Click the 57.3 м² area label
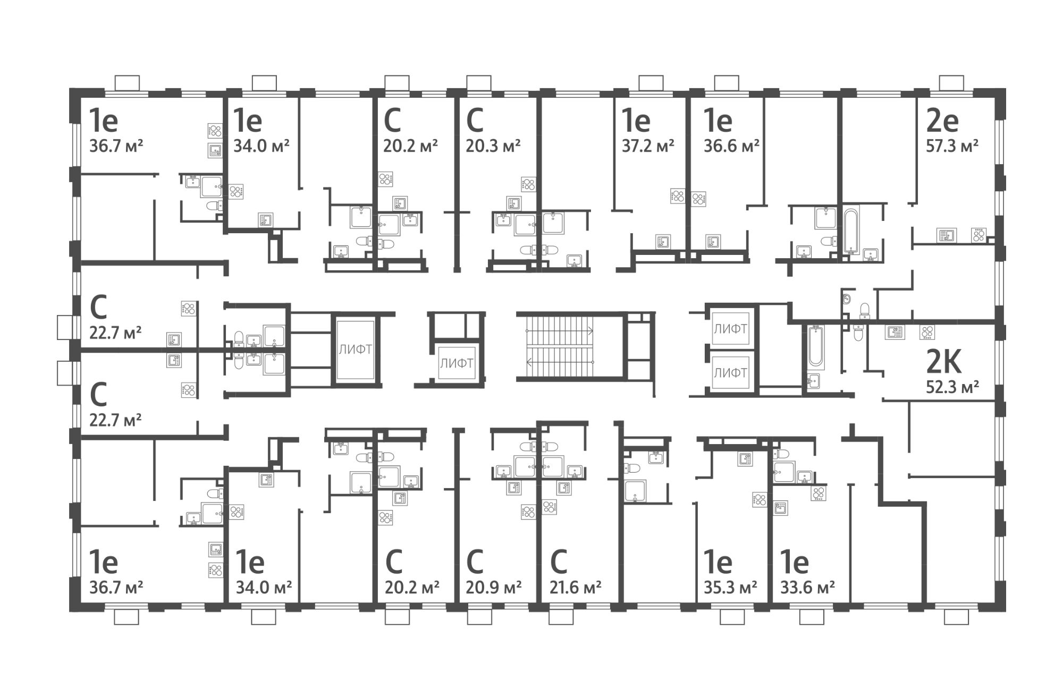click(x=952, y=146)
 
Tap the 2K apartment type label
click(x=943, y=364)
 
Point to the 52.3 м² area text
click(x=952, y=387)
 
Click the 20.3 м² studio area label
click(x=493, y=146)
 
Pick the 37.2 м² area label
click(x=648, y=146)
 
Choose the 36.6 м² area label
click(x=731, y=146)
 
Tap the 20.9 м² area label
click(x=494, y=587)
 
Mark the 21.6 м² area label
click(x=576, y=587)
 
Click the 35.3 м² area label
click(x=730, y=587)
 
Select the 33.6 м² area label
click(x=807, y=587)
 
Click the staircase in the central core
click(x=560, y=347)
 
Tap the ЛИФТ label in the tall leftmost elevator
click(x=355, y=349)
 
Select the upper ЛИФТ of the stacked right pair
click(x=730, y=329)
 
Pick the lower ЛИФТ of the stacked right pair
click(x=730, y=373)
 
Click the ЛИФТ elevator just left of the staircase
click(x=456, y=364)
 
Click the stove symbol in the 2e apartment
click(x=978, y=234)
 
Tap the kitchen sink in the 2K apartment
click(x=893, y=333)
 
